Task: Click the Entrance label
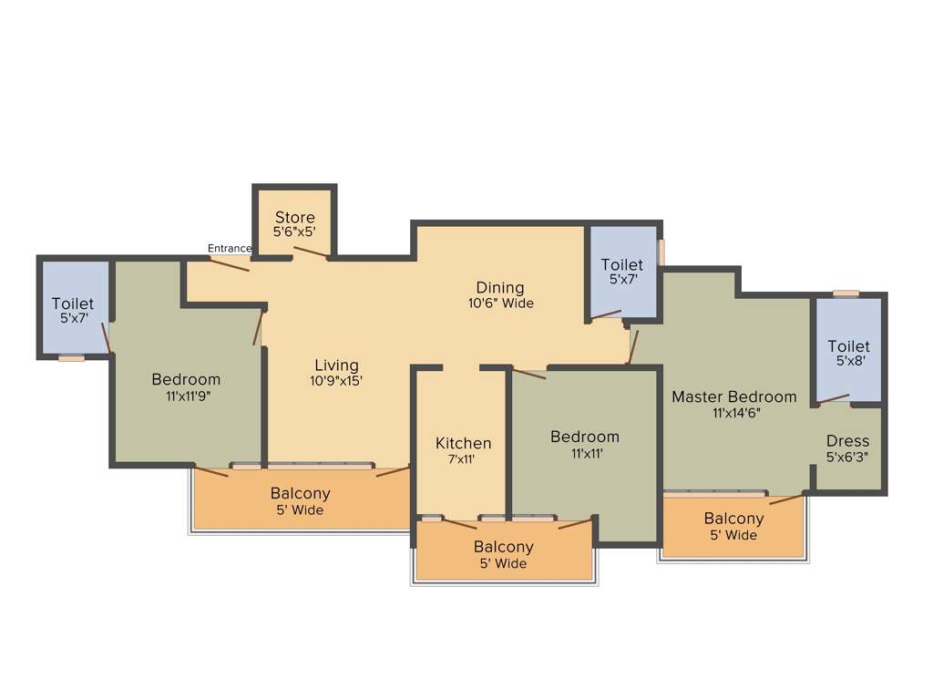tap(230, 248)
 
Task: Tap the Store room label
tap(295, 217)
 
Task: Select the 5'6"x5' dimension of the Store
tap(295, 232)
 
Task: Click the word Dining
tap(499, 288)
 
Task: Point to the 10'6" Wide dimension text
tap(500, 304)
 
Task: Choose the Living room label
tap(336, 365)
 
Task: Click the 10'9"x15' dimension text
tap(336, 381)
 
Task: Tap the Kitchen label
tap(463, 443)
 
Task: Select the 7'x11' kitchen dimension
tap(463, 459)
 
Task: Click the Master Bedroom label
tap(733, 396)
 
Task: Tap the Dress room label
tap(847, 441)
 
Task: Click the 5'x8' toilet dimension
tap(848, 362)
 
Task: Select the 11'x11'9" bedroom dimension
tap(186, 396)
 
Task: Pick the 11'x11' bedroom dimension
tap(584, 453)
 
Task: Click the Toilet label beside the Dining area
tap(621, 264)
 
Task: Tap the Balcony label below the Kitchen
tap(503, 547)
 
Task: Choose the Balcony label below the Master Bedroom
tap(733, 519)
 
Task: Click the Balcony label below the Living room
tap(300, 493)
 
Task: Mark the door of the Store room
tap(312, 252)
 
